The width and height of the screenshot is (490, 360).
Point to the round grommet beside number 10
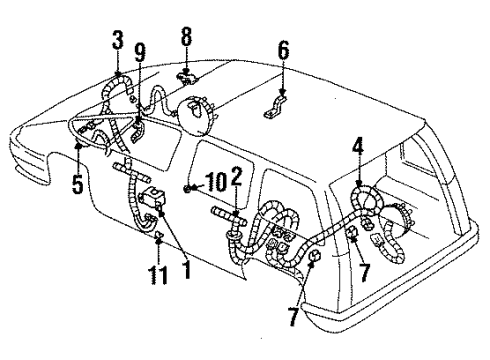(188, 189)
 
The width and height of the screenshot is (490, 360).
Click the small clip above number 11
(158, 236)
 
